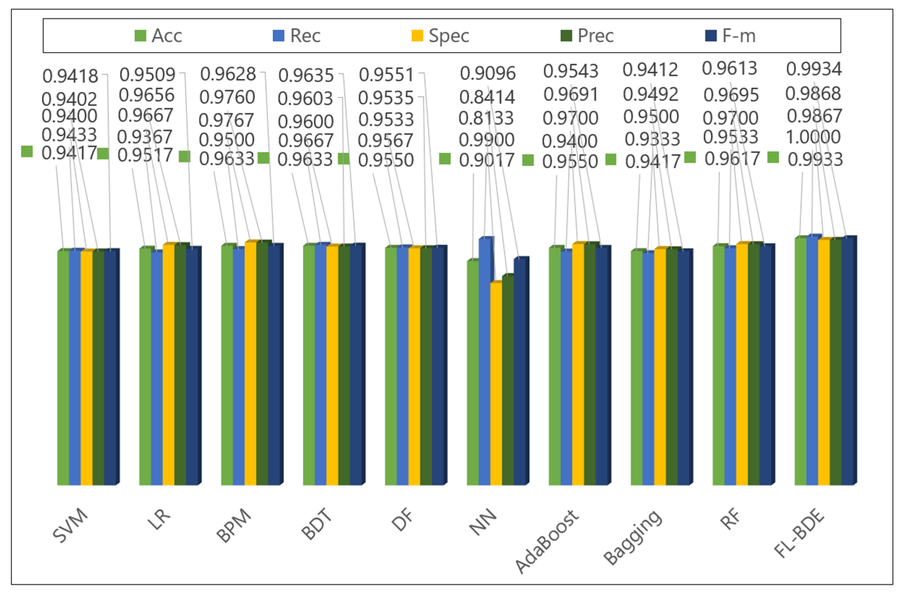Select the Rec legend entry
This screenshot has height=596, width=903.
click(297, 36)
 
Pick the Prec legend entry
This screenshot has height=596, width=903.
click(587, 36)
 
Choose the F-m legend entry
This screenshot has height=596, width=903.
click(730, 36)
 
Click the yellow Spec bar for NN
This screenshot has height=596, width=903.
click(496, 384)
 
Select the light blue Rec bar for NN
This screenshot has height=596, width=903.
click(484, 361)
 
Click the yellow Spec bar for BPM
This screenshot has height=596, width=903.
click(250, 363)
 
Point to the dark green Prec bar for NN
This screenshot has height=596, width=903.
click(508, 380)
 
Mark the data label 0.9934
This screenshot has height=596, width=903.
click(814, 69)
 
